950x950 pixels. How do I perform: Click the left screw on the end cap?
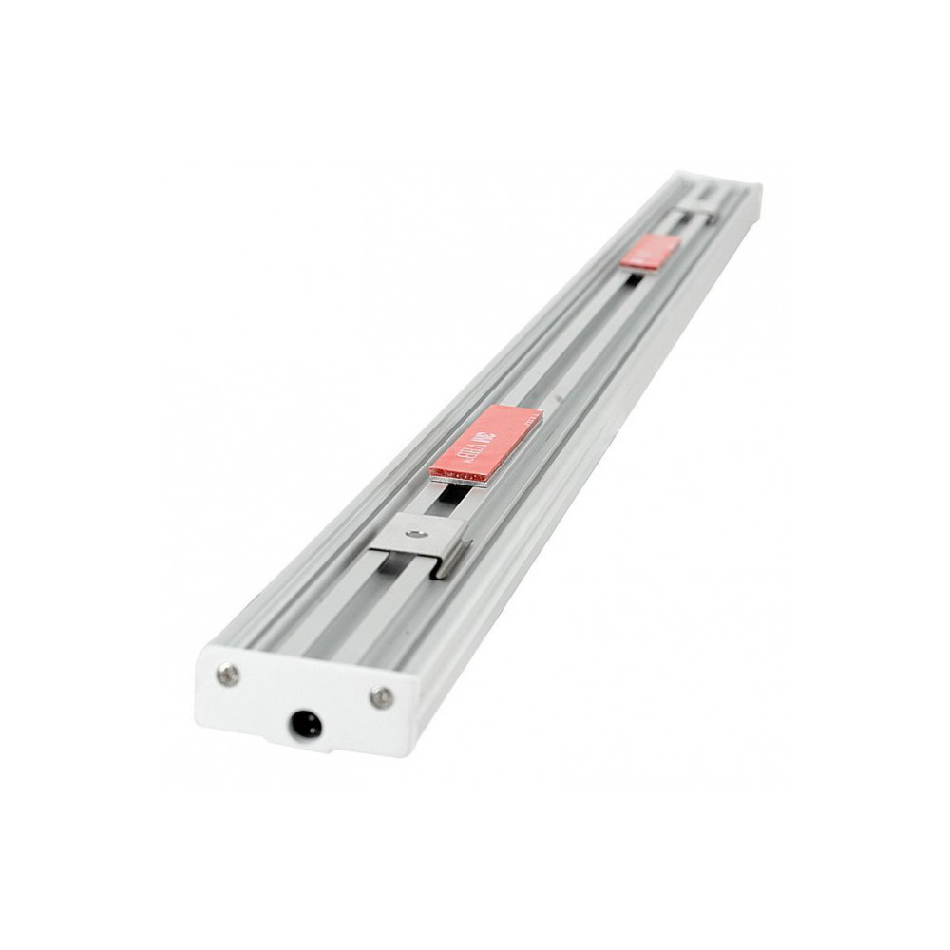point(227,674)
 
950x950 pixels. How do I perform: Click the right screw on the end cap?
point(381,697)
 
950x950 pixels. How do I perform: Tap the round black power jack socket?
point(308,728)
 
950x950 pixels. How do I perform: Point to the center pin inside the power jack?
point(308,728)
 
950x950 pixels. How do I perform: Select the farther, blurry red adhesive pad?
point(650,252)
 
